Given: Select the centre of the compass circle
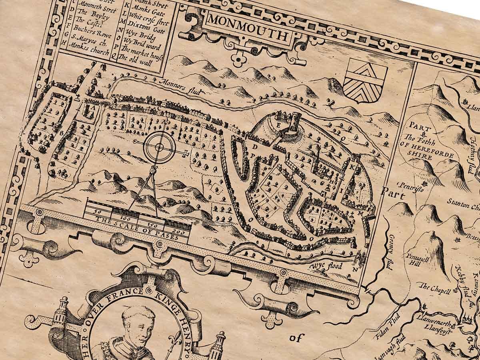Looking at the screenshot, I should (x=159, y=147).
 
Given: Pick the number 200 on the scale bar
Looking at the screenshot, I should (x=176, y=232).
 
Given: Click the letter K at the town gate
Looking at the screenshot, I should (x=352, y=168).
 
